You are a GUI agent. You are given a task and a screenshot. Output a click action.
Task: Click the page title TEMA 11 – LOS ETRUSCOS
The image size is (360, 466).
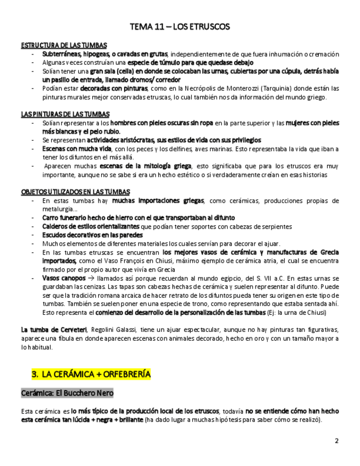pyautogui.click(x=180, y=26)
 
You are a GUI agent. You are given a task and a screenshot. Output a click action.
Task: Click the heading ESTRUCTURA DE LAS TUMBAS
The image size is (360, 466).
pyautogui.click(x=64, y=45)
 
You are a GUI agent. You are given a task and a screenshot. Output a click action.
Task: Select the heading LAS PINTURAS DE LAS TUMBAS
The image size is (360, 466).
pyautogui.click(x=65, y=114)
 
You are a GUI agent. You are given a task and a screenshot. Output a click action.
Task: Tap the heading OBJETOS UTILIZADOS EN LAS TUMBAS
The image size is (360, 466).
pyautogui.click(x=75, y=192)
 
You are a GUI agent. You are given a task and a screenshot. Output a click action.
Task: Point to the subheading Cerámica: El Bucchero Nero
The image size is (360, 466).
pyautogui.click(x=67, y=393)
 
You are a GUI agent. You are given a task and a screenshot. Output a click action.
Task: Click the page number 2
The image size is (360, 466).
pyautogui.click(x=337, y=441)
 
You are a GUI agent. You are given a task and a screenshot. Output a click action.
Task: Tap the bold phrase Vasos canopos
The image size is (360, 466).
pyautogui.click(x=64, y=279)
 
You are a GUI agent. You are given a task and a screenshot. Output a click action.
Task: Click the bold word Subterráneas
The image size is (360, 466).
pyautogui.click(x=61, y=54)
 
